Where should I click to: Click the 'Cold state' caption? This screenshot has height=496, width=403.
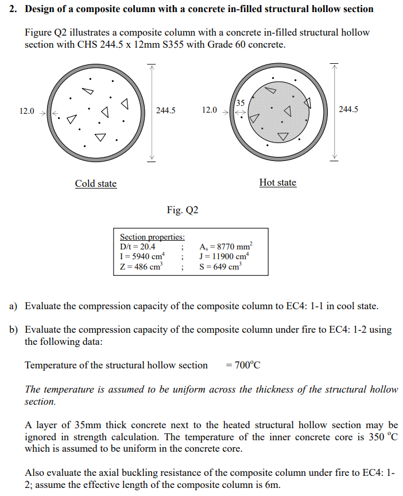tap(96, 184)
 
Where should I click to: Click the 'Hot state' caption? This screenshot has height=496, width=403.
tap(278, 183)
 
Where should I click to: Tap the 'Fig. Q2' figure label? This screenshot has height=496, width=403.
tap(183, 210)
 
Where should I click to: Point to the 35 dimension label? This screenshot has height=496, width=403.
tap(241, 103)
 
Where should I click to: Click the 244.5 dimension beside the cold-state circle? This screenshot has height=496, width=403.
tap(165, 110)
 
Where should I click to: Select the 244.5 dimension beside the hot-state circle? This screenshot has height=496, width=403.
tap(348, 109)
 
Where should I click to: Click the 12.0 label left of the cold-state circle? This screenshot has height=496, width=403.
tap(27, 111)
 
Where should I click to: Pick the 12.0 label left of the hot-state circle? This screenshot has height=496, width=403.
tap(210, 110)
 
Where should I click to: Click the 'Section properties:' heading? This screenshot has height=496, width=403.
tap(152, 237)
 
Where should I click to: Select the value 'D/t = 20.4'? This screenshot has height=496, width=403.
tap(137, 247)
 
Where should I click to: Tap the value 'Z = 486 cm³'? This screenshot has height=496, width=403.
tap(141, 267)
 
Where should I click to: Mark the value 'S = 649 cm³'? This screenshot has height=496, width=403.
tap(219, 267)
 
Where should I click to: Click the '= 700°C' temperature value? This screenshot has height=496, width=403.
tap(243, 366)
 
